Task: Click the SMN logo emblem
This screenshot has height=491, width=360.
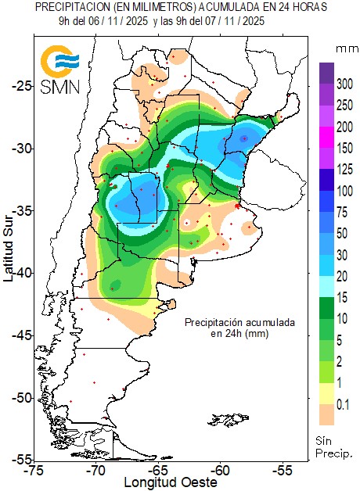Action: point(59,63)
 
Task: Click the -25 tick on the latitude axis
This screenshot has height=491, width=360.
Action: point(22,85)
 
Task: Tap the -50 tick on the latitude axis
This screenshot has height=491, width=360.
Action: point(22,397)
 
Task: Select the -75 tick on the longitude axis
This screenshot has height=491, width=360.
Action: point(34,471)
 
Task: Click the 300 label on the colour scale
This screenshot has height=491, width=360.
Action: point(344,83)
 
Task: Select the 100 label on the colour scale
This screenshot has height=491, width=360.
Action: point(344,191)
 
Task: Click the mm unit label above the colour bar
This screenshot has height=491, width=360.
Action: point(345,48)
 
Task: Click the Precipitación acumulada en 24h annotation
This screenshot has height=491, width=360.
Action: point(228,328)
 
